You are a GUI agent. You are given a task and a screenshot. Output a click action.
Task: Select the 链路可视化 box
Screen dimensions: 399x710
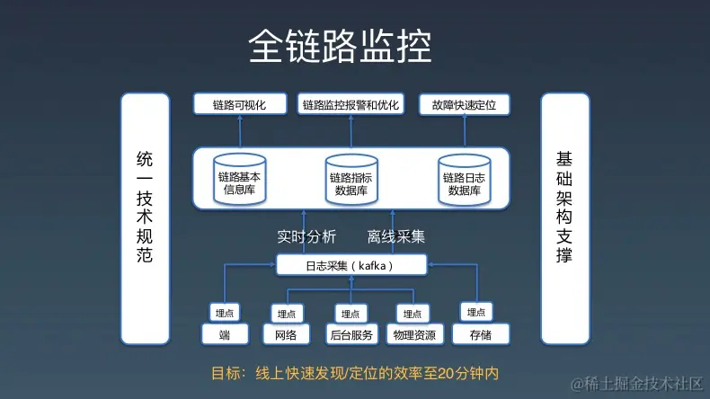point(240,105)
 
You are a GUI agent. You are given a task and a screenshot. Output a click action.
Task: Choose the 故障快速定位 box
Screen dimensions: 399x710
point(464,105)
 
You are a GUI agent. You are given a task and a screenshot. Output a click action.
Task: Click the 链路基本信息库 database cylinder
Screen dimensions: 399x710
point(240,180)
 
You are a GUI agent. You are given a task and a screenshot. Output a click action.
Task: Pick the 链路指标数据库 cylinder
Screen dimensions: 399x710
point(351,181)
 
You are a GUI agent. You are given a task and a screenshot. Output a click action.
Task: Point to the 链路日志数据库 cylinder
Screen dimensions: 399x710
point(464,181)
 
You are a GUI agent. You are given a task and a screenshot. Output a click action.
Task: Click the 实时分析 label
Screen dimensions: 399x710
point(306,237)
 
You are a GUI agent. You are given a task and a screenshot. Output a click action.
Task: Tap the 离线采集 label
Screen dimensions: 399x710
point(395,237)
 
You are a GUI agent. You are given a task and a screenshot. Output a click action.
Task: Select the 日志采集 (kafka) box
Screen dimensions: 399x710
point(351,265)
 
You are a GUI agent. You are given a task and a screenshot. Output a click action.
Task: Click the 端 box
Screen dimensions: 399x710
point(224,335)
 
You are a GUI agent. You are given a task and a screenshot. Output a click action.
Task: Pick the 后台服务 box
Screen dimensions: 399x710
point(351,335)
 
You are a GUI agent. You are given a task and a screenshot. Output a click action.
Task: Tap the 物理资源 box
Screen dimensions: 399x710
point(413,335)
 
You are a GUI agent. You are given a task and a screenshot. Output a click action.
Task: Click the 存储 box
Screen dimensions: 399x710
point(475,335)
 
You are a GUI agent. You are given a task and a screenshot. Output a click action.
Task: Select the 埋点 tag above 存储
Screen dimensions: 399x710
point(475,312)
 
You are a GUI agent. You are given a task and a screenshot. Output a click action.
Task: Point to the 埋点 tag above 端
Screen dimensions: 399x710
point(224,313)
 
